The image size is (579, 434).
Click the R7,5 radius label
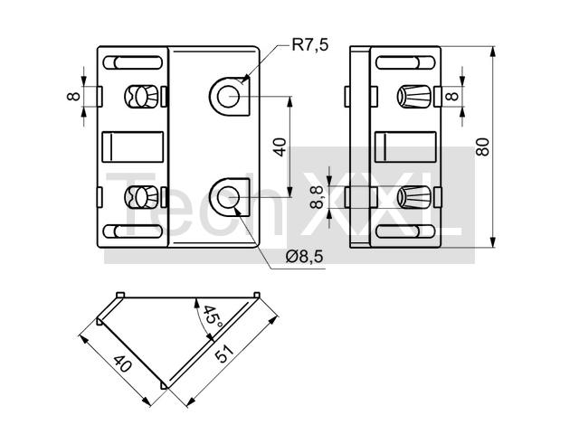pyautogui.click(x=309, y=45)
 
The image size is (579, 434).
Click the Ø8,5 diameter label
pyautogui.click(x=304, y=257)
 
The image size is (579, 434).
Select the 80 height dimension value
pyautogui.click(x=483, y=146)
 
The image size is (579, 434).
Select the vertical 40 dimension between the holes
pyautogui.click(x=280, y=146)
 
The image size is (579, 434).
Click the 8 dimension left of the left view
pyautogui.click(x=73, y=95)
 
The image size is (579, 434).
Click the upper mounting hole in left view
pyautogui.click(x=227, y=96)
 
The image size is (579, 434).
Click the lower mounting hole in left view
pyautogui.click(x=227, y=194)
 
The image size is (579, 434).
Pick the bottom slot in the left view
pyautogui.click(x=133, y=231)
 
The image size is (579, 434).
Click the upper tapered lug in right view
pyautogui.click(x=414, y=95)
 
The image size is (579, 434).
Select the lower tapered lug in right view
pyautogui.click(x=414, y=195)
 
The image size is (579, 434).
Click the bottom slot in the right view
pyautogui.click(x=403, y=231)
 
